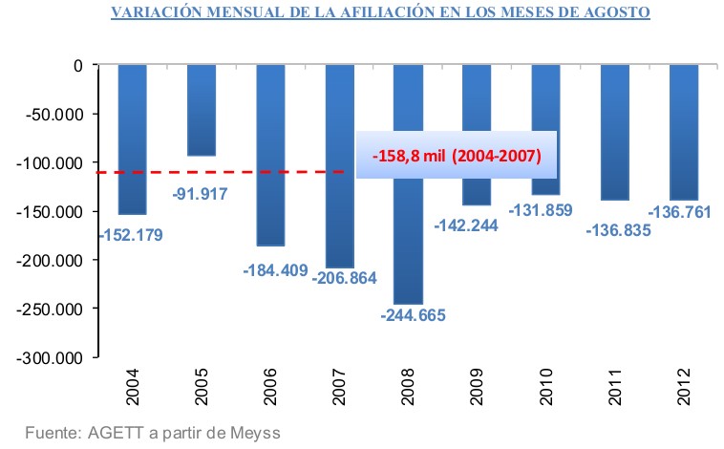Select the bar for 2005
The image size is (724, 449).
point(202,110)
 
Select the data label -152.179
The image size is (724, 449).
point(133,233)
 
